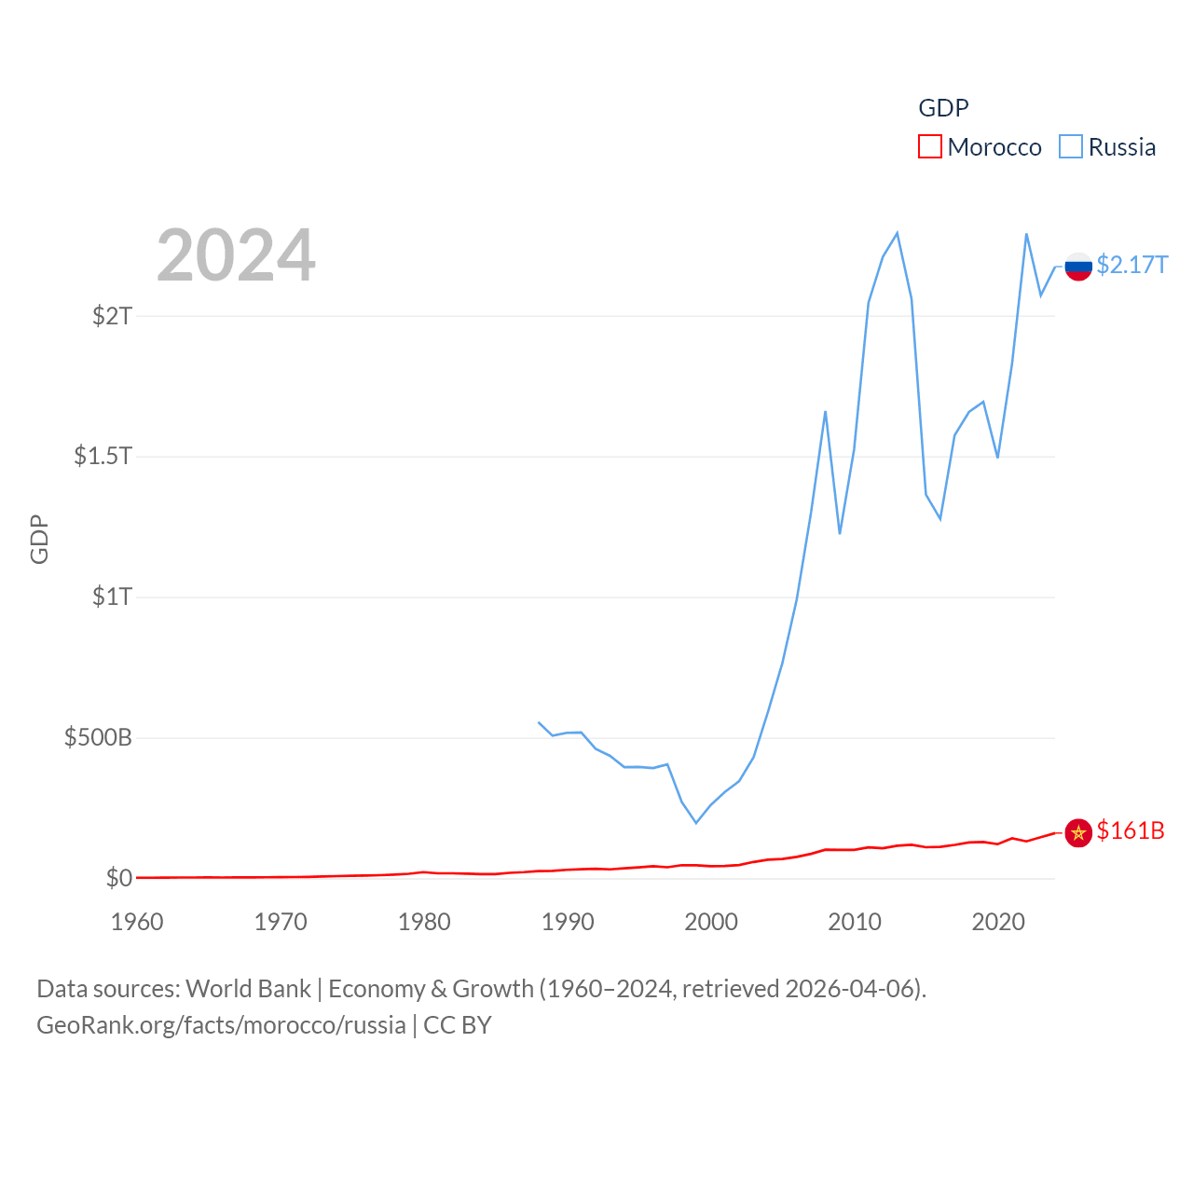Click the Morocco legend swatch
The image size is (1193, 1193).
click(x=929, y=147)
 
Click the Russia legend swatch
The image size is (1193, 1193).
click(x=1071, y=147)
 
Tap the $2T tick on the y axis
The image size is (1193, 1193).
click(x=112, y=316)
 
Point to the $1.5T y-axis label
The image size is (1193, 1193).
click(x=103, y=456)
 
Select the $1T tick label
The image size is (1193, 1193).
click(x=112, y=596)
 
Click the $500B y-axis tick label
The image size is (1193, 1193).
click(x=98, y=738)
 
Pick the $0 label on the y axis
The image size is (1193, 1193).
click(x=119, y=878)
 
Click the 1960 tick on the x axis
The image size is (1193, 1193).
click(x=137, y=922)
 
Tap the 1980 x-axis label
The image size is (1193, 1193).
click(x=424, y=922)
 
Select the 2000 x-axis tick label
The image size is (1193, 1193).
click(x=711, y=922)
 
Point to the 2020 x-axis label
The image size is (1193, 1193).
click(x=998, y=922)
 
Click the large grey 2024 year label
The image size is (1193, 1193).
click(x=236, y=255)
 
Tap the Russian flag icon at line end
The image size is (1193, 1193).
click(x=1078, y=267)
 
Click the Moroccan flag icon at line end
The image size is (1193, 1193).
click(x=1078, y=832)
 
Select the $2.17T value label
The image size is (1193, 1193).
click(x=1131, y=266)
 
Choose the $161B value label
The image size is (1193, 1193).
click(x=1131, y=830)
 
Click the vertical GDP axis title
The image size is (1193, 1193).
click(x=39, y=539)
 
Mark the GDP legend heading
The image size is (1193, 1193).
click(x=943, y=108)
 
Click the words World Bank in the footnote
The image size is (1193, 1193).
click(x=248, y=989)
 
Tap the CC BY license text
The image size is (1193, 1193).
click(x=457, y=1025)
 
